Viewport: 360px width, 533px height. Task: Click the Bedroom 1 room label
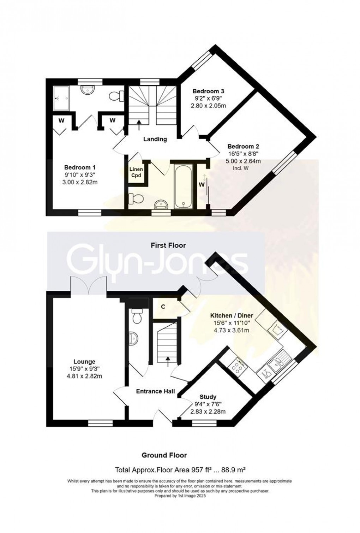point(79,167)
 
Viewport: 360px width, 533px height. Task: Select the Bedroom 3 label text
point(208,91)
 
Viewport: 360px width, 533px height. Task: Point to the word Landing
point(155,139)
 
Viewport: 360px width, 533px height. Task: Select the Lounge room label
point(84,362)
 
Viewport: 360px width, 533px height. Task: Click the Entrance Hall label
point(156,391)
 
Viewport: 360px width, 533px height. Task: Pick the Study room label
point(208,397)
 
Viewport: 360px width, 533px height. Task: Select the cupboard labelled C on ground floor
point(163,307)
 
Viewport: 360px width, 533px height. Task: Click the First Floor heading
point(168,245)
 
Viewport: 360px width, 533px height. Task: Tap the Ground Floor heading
point(164,455)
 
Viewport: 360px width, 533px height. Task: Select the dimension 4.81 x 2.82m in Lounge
point(84,376)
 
